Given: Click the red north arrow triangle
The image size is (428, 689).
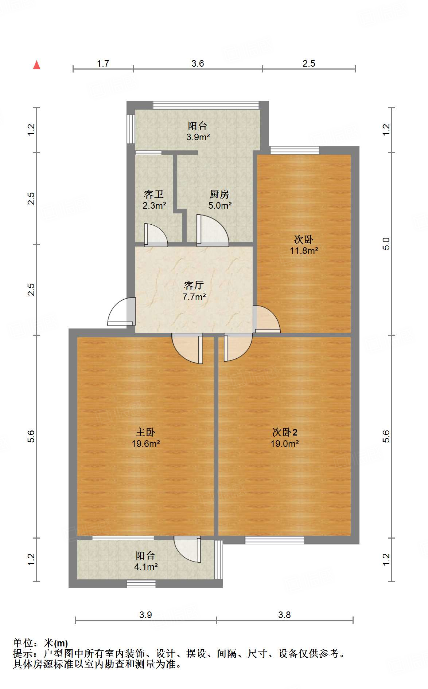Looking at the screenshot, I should point(36,65).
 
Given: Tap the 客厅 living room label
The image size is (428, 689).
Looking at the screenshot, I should point(194,285).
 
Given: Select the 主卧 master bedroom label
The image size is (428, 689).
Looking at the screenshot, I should point(145,432).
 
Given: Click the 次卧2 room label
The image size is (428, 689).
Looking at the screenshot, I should point(285,432).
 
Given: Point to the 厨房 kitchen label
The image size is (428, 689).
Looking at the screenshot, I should point(219,194).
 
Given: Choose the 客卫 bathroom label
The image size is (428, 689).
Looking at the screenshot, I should point(154,194).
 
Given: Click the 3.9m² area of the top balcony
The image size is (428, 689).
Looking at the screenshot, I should point(198,137).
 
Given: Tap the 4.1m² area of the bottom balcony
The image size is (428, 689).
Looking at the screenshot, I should point(146,567).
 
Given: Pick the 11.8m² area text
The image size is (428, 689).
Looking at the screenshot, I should point(304,251).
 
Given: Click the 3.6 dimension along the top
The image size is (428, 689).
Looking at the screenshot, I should point(198,64).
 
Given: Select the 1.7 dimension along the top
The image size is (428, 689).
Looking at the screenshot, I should point(103,64).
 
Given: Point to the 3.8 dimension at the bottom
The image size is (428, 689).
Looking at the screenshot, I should point(284,615).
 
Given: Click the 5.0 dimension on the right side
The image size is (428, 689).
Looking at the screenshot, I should point(386,244).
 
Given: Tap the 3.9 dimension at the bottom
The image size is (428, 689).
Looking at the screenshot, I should point(145,615).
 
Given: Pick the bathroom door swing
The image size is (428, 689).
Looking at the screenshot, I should point(156,235).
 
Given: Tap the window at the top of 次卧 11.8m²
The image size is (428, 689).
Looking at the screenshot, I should point(295,150).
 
